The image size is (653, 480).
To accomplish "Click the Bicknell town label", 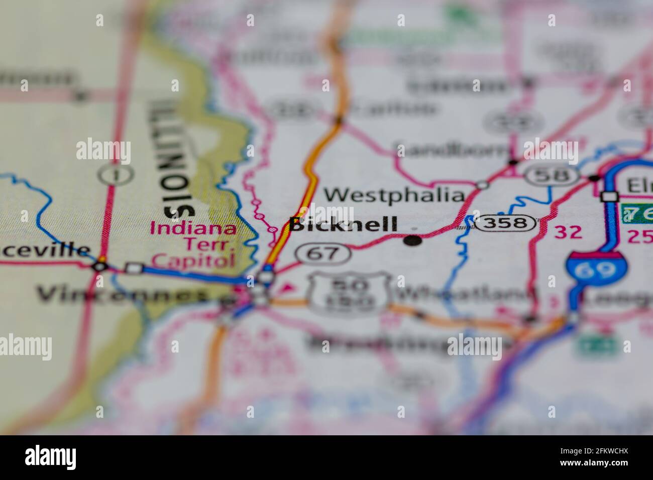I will tap(343, 224).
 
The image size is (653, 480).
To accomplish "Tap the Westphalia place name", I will tap(393, 195).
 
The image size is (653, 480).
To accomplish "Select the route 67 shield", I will tap(323, 253).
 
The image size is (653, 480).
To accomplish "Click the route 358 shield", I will tap(505, 222).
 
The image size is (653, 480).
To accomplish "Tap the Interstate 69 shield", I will tap(591, 270).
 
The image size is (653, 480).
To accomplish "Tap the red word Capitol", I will tap(193, 260).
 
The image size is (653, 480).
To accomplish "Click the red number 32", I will tap(568, 232).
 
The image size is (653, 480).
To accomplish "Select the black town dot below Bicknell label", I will tap(413, 241).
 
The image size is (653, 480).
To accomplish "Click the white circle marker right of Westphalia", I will tap(482, 185).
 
